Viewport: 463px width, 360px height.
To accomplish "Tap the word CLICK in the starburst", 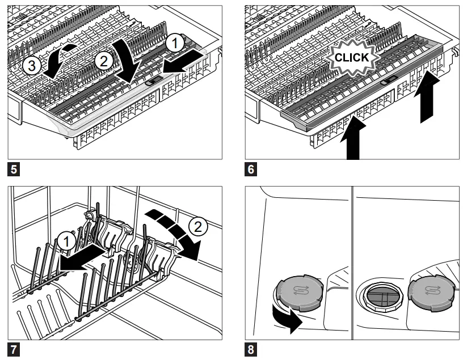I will [x=352, y=57].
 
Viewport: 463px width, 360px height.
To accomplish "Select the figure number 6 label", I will [x=250, y=169].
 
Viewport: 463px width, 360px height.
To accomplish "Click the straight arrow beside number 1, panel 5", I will [x=183, y=61].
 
